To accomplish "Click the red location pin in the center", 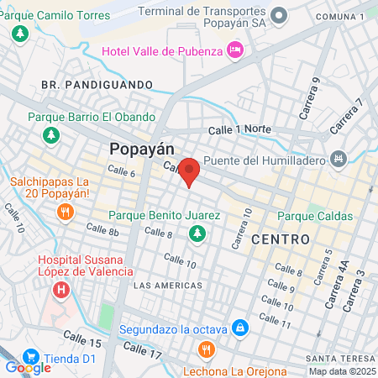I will [190, 171].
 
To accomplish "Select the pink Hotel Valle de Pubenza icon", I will [236, 51].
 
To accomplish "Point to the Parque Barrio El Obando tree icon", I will [52, 134].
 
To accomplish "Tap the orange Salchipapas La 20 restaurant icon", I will [65, 212].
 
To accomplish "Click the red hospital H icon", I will [60, 291].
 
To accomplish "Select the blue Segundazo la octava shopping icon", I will [239, 326].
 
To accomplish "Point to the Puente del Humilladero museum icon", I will [339, 158].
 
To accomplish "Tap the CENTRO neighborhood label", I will [281, 239].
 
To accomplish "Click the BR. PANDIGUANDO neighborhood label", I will [97, 85].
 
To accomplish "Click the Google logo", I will [28, 367].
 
